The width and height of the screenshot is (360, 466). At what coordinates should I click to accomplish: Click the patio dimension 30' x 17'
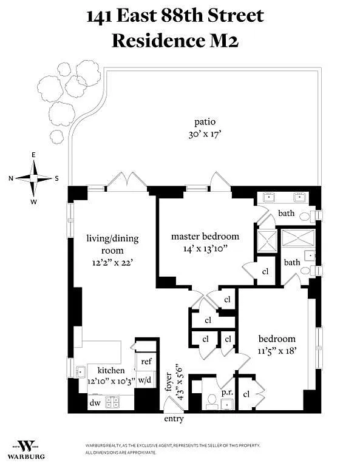pos(205,135)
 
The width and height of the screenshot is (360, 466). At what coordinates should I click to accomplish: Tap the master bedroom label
pos(205,237)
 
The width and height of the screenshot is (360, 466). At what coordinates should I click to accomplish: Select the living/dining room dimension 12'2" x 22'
pos(112,263)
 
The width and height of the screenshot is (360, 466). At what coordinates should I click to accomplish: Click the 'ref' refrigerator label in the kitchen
pos(146,362)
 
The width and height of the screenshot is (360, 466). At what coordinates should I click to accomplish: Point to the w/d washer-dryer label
pos(145,379)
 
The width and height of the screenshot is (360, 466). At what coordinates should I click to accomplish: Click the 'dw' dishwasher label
pos(95,403)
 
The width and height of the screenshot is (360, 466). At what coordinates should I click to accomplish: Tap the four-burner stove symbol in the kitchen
pos(113,402)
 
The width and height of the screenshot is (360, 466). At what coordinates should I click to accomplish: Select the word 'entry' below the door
pos(174,419)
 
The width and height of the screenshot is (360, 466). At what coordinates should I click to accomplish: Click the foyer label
pos(168,382)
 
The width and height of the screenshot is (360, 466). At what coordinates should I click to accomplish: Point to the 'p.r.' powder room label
pos(227,393)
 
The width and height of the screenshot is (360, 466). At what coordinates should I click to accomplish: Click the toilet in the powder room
pos(212,401)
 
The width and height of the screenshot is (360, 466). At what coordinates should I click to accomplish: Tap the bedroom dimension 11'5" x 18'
pos(277,351)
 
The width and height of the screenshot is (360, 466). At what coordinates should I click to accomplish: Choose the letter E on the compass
pos(33,155)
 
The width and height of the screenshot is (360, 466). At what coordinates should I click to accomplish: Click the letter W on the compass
pos(34,202)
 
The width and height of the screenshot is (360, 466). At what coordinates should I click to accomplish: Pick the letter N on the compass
pos(11,178)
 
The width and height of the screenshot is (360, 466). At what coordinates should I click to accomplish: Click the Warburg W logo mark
pos(26,446)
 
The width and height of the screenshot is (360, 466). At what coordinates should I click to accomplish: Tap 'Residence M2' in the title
pos(175,41)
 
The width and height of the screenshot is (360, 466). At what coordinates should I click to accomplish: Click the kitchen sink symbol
pos(81,372)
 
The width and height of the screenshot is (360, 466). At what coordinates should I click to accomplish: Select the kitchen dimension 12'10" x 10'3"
pos(112,381)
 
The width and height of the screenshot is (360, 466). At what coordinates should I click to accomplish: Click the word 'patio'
pos(205,122)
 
